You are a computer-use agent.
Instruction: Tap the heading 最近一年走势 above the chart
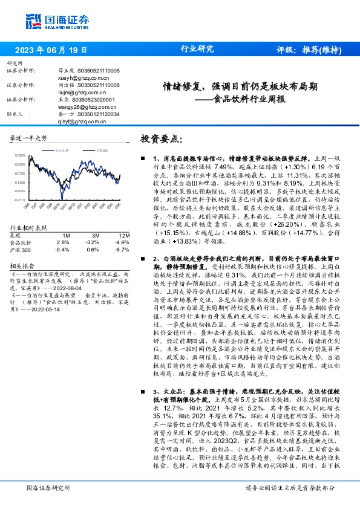[x=28, y=138]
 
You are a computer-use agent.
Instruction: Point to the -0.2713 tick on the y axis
[x=20, y=199]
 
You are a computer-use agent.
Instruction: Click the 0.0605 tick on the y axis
[x=20, y=155]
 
